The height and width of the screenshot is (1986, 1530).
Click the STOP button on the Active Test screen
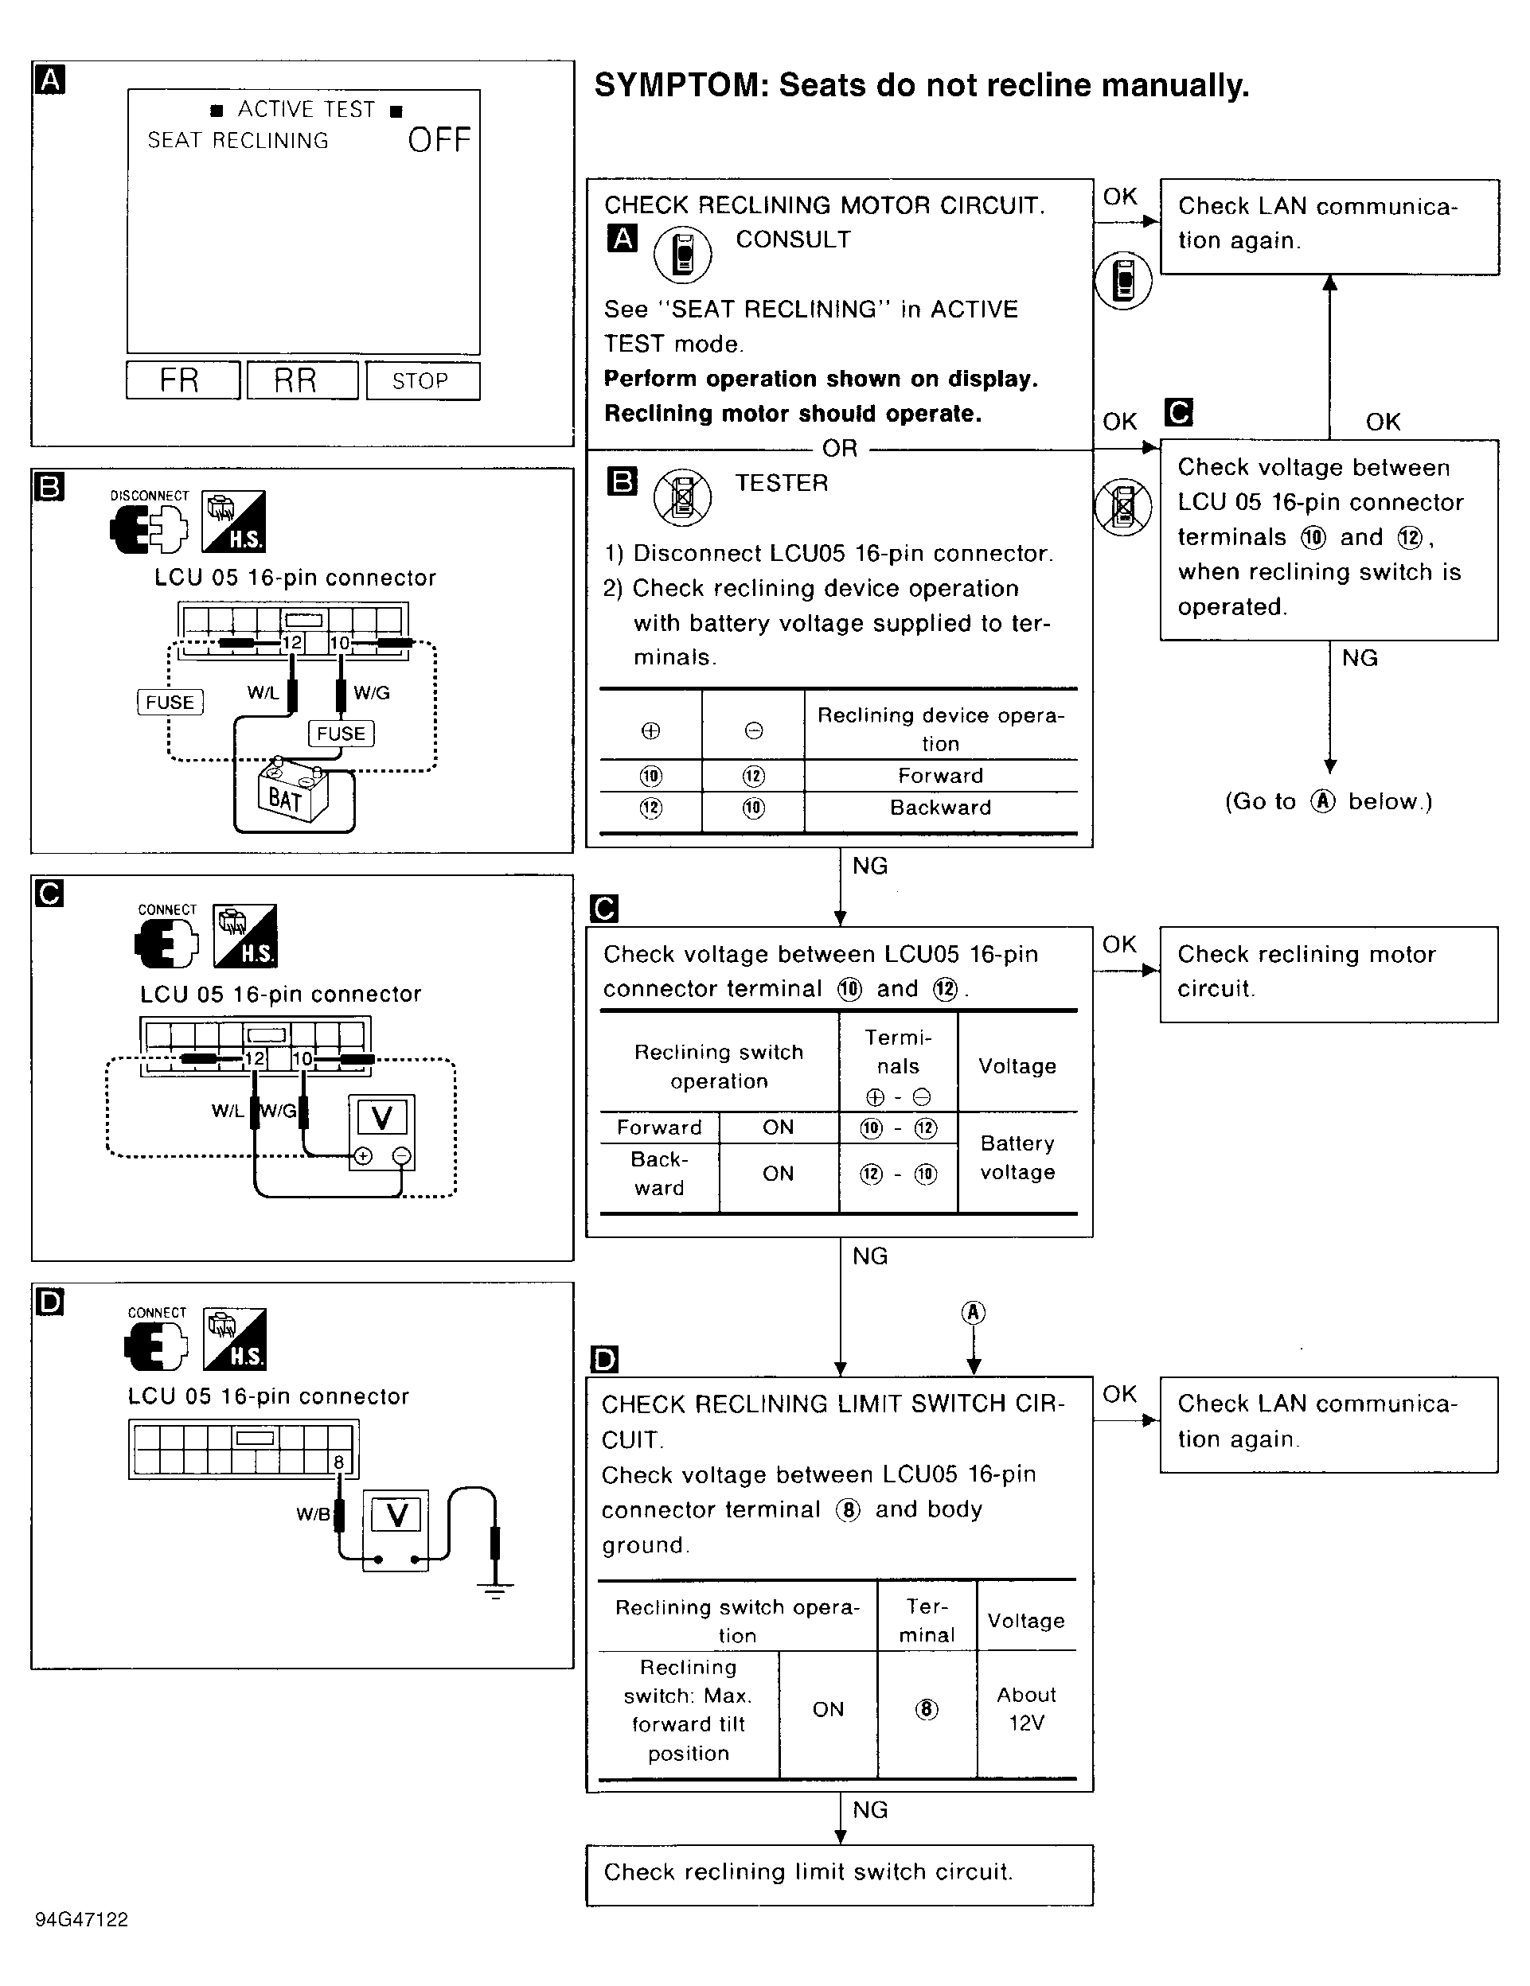tap(422, 381)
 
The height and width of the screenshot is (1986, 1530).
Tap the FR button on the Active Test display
tap(182, 380)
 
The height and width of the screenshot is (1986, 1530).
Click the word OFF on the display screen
tap(439, 140)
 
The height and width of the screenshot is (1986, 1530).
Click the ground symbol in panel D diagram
tap(496, 1590)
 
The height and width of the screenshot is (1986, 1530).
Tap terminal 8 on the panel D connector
tap(338, 1462)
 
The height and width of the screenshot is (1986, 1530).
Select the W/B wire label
tap(312, 1514)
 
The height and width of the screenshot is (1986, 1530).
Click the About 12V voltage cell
tap(1026, 1708)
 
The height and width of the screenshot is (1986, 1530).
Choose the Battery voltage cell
tap(1017, 1158)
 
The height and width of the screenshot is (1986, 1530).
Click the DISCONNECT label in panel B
tap(149, 496)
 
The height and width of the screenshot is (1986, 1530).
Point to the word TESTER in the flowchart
tap(782, 483)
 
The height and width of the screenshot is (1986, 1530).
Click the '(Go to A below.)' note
tap(1328, 801)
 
